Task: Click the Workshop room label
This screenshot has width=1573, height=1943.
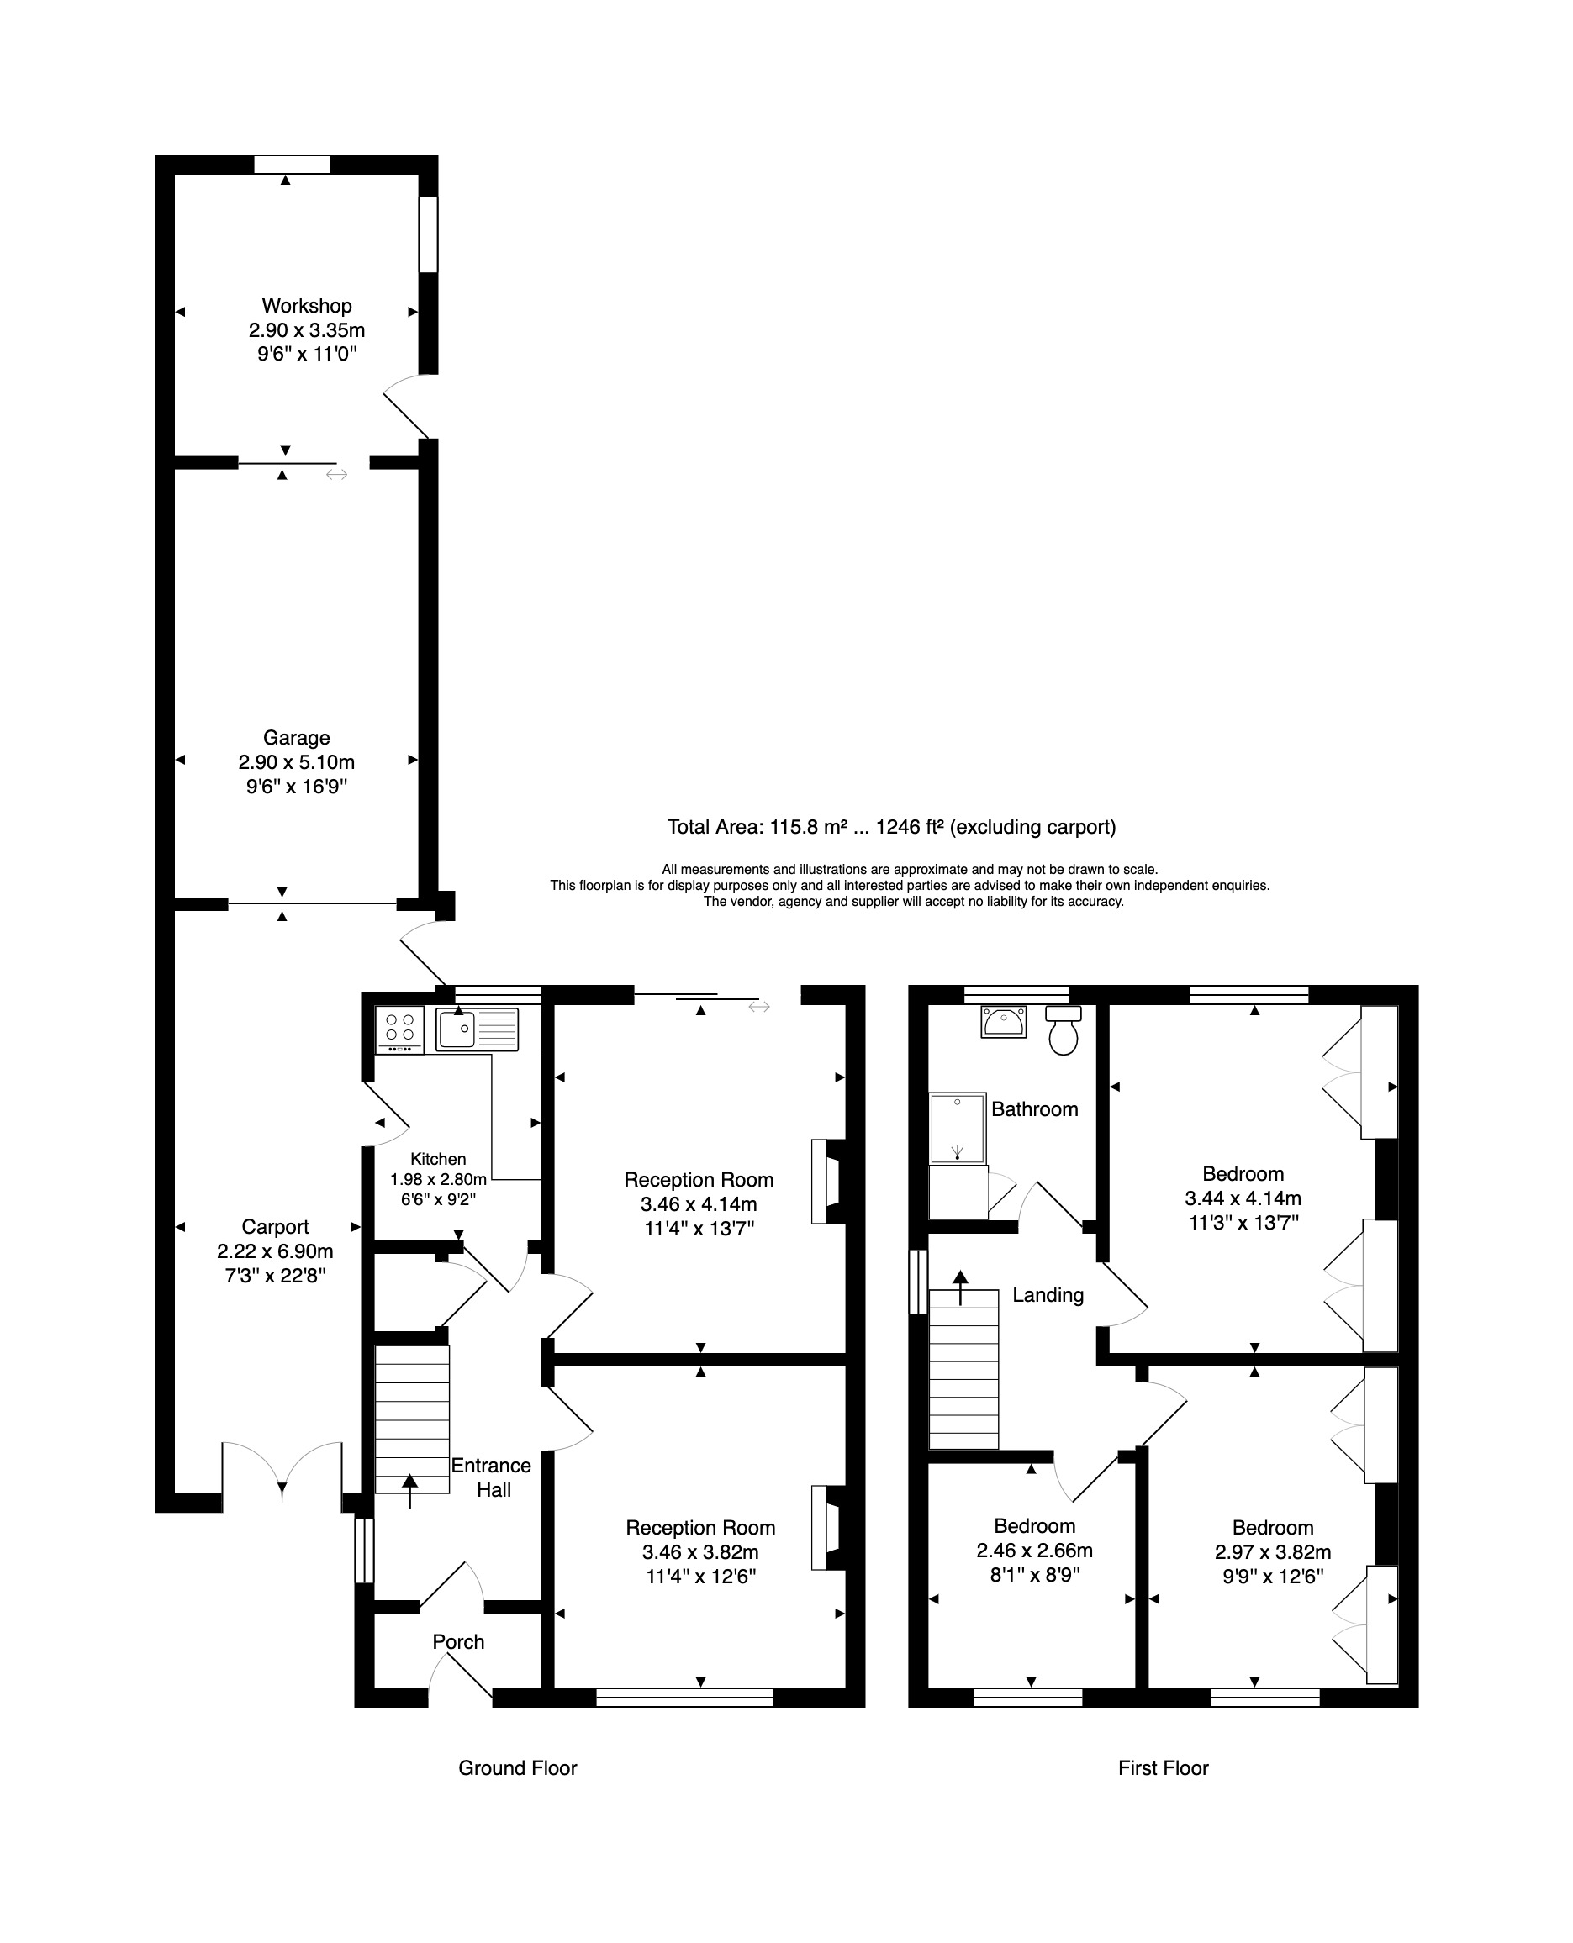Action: coord(307,306)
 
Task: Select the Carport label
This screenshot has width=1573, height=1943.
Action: coord(276,1227)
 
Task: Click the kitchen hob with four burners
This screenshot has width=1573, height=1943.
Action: coord(399,1030)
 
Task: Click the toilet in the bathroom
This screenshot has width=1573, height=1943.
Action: coord(1064,1031)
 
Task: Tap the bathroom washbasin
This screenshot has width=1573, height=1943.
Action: coord(1003,1022)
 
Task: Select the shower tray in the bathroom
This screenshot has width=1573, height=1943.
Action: coord(958,1129)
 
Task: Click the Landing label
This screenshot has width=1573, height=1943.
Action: coord(1048,1295)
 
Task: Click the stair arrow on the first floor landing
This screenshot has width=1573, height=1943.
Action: coord(959,1288)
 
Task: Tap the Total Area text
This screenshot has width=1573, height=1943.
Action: coord(892,827)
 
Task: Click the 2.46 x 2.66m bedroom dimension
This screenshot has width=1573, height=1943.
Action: coord(1035,1551)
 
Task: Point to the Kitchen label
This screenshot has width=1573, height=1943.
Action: coord(439,1160)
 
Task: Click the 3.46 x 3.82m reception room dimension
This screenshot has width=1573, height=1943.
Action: coord(700,1552)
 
